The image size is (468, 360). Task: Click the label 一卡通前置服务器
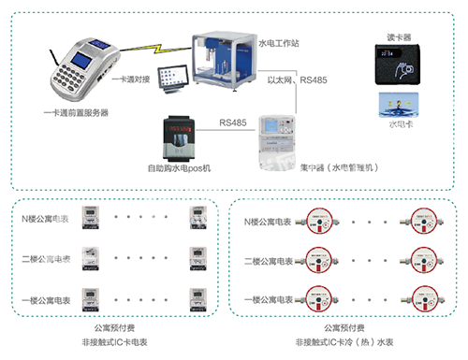click(x=76, y=112)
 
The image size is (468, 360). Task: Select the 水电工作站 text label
click(x=278, y=44)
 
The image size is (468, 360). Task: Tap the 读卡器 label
click(x=399, y=37)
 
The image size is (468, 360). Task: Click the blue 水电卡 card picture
click(x=399, y=104)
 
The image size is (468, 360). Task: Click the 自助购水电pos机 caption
click(x=181, y=167)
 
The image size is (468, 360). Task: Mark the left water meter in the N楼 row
click(x=318, y=222)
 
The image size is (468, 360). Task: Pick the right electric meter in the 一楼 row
click(x=198, y=296)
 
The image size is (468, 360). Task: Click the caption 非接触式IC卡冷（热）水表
click(x=344, y=343)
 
